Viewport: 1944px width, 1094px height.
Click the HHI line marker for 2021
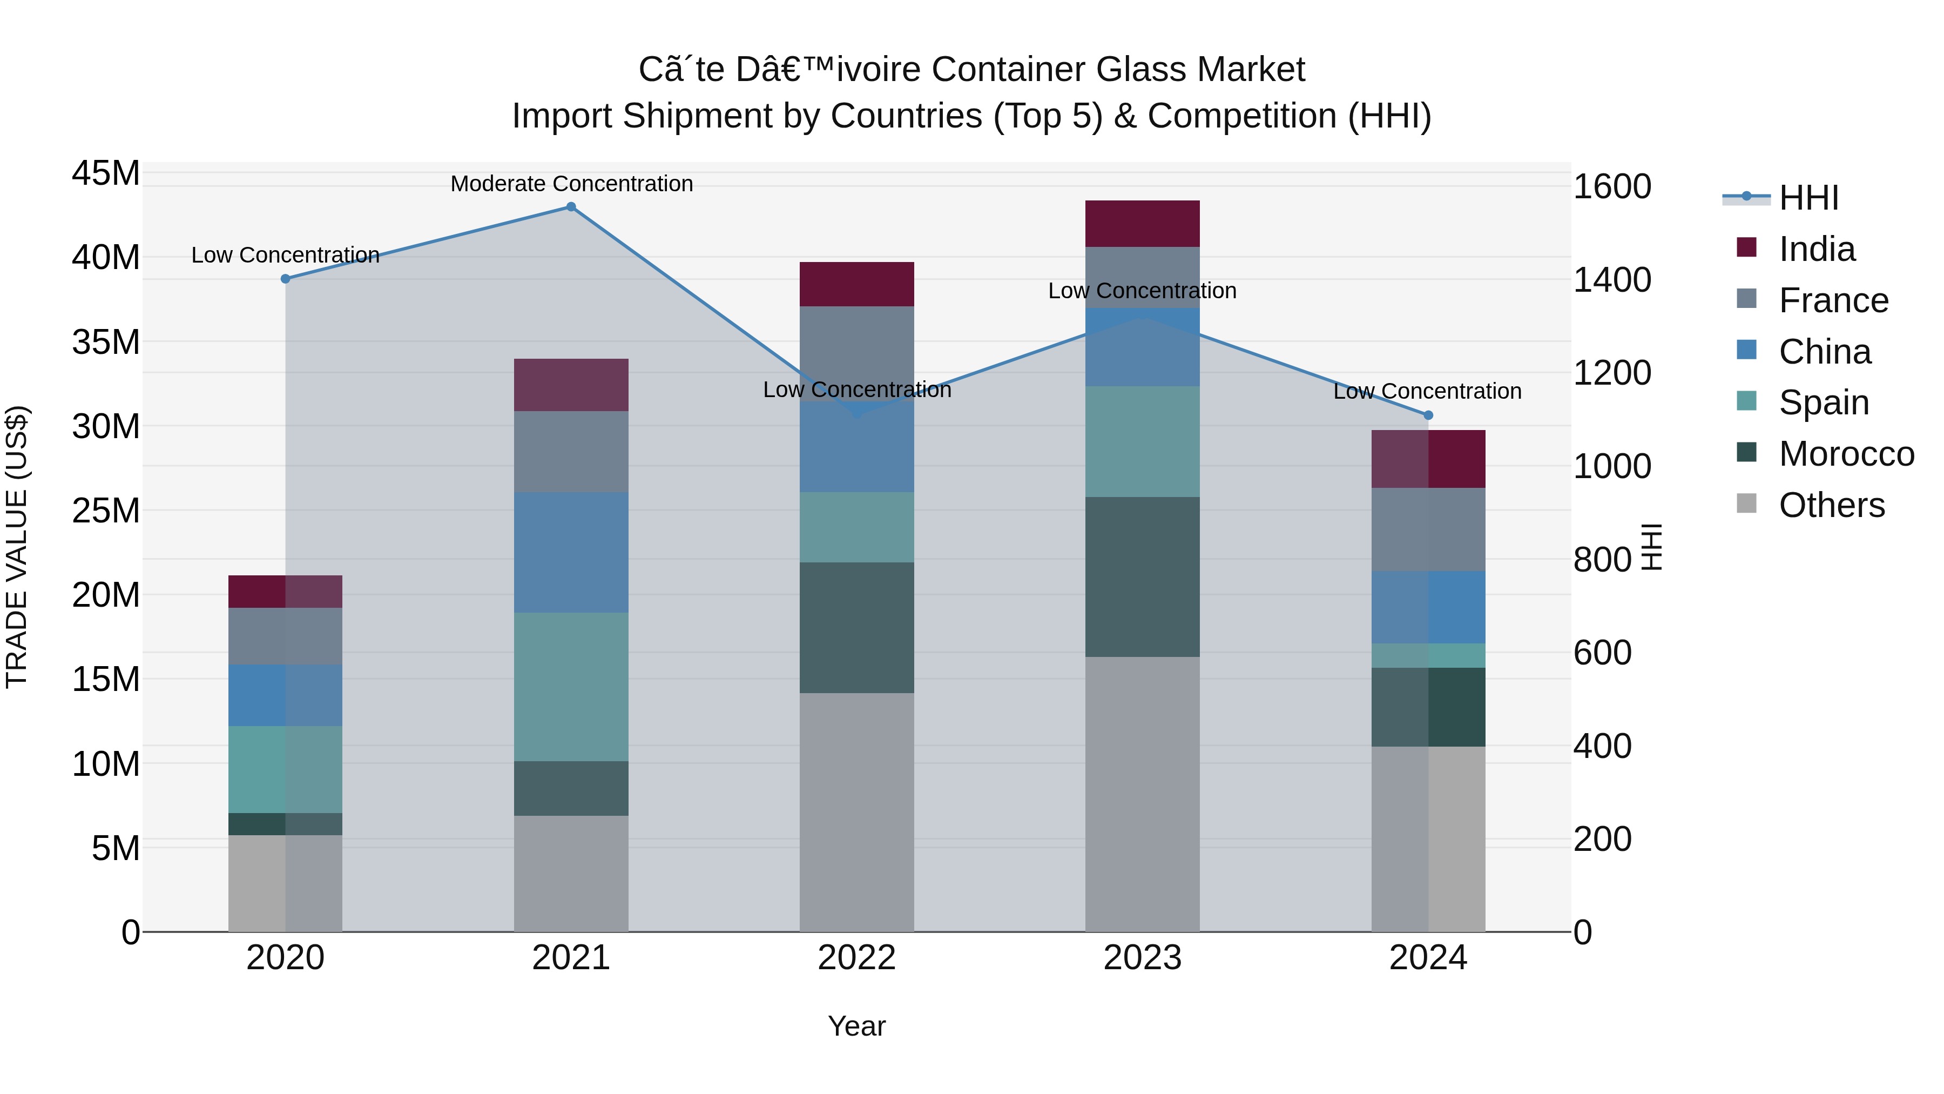[571, 207]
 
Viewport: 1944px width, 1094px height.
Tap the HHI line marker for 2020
[285, 279]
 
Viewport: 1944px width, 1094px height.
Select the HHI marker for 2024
[1428, 415]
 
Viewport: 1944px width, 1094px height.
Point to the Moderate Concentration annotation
[571, 184]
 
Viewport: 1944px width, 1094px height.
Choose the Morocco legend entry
[1846, 454]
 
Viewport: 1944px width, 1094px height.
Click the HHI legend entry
[1808, 198]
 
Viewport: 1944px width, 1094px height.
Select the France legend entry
[1833, 300]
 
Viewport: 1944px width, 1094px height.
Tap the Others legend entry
[1832, 505]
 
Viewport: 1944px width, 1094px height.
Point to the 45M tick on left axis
[106, 173]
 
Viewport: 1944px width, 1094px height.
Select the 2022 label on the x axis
[856, 958]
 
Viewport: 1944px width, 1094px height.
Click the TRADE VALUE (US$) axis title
[17, 547]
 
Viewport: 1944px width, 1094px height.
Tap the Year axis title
[856, 1026]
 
